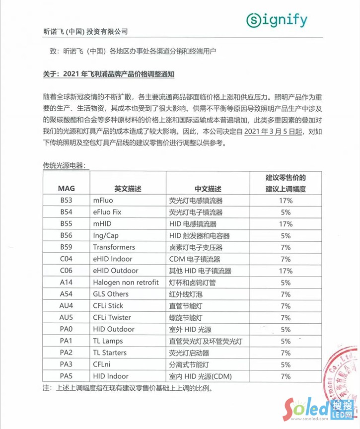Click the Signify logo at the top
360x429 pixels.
coord(277,20)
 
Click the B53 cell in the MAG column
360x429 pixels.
coord(66,201)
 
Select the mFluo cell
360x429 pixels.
coord(103,201)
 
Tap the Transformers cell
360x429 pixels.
coord(114,247)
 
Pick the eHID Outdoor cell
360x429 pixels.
coord(116,271)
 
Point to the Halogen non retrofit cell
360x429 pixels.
coord(126,283)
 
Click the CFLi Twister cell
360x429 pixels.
coord(112,318)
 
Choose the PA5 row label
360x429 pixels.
coord(66,376)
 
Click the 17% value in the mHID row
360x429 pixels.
coord(286,224)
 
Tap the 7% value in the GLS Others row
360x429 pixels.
coord(286,294)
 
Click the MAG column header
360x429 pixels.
coord(66,189)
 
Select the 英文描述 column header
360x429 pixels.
coord(128,189)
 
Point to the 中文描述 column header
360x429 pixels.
coord(208,189)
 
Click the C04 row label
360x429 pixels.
coord(66,259)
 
